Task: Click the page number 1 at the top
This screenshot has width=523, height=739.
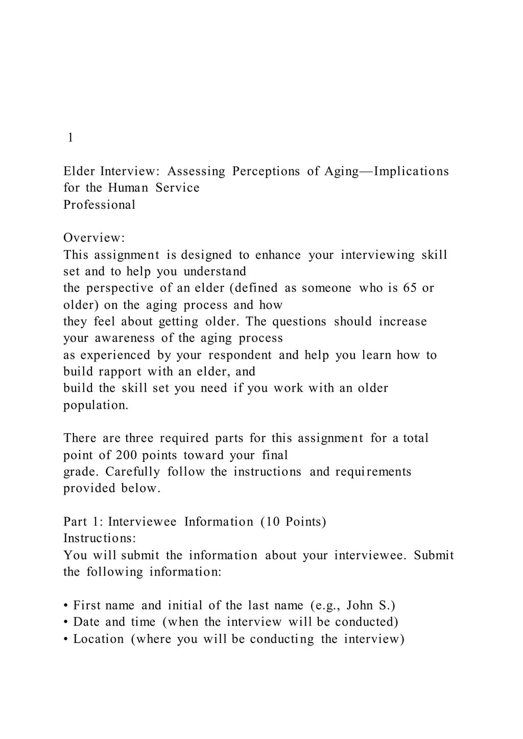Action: (70, 138)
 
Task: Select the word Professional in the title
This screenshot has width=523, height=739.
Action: (100, 205)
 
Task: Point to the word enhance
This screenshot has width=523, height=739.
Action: (278, 255)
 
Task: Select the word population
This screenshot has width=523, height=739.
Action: (96, 405)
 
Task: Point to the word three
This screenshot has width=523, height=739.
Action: (139, 438)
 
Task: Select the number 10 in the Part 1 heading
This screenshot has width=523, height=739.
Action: (272, 522)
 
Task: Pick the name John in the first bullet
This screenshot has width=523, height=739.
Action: (360, 606)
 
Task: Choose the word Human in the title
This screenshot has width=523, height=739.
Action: (128, 188)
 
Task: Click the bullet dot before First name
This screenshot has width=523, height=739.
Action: (66, 606)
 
